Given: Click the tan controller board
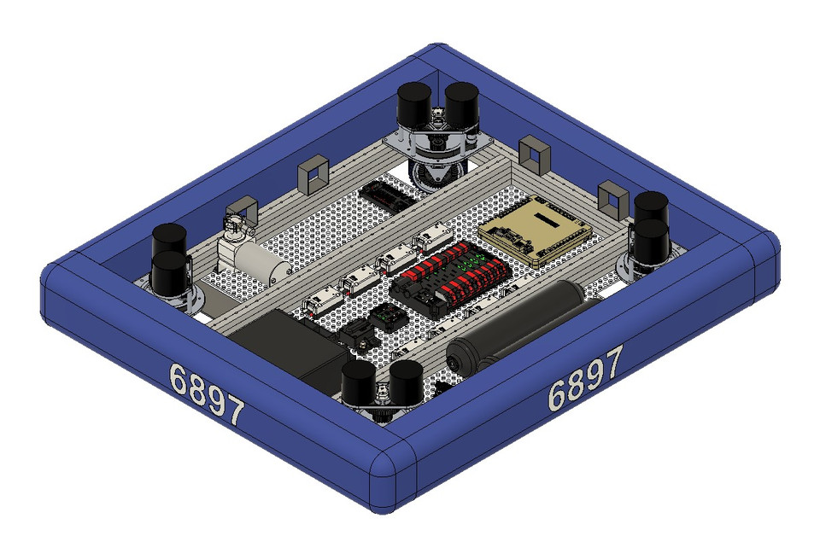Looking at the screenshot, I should click(x=535, y=232).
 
